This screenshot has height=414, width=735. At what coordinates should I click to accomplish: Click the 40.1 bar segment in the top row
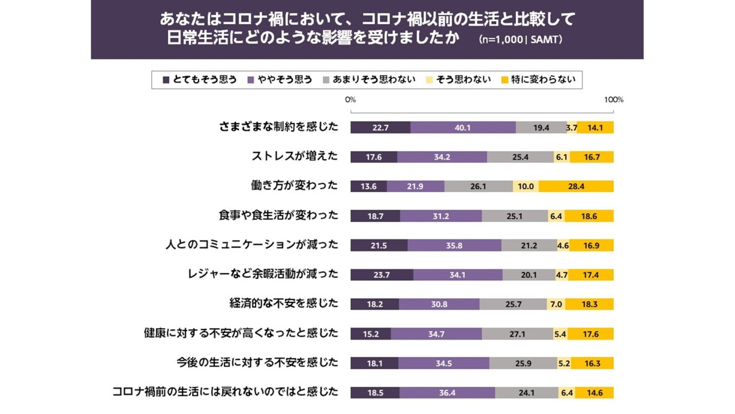(x=463, y=127)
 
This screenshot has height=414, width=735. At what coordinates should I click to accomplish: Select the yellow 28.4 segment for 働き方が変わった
(x=576, y=186)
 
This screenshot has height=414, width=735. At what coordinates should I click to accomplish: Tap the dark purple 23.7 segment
(x=381, y=274)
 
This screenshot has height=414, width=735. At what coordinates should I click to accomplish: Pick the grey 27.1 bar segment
(x=517, y=334)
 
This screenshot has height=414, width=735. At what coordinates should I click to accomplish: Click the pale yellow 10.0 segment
(x=525, y=186)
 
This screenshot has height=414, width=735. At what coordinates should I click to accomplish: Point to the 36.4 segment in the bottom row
(x=447, y=393)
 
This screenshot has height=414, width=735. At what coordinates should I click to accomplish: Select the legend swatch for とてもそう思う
(x=166, y=80)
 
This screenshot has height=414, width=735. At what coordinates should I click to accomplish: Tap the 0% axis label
(x=350, y=100)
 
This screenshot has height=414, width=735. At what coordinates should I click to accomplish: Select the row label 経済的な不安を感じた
(x=283, y=303)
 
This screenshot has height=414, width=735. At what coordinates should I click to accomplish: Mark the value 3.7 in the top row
(x=571, y=127)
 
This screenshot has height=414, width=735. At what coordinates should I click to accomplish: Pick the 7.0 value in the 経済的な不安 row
(x=556, y=304)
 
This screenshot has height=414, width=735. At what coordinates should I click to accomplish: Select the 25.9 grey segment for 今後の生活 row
(x=523, y=363)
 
